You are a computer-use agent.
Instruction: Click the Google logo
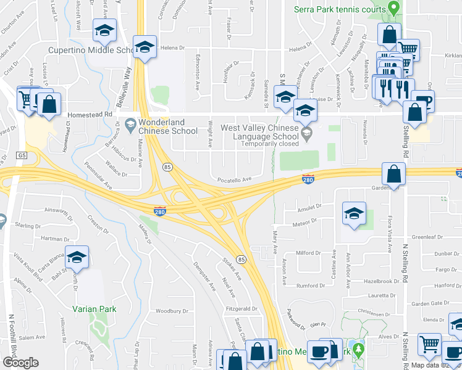coord(21,363)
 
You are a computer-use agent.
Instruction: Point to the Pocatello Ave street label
coord(234,179)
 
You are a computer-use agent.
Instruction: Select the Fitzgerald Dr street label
coord(241,308)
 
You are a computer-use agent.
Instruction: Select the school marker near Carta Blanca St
coord(77,257)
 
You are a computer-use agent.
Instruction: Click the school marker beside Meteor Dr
coord(354,214)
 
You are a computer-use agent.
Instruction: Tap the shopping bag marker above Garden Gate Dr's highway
coord(393,175)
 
